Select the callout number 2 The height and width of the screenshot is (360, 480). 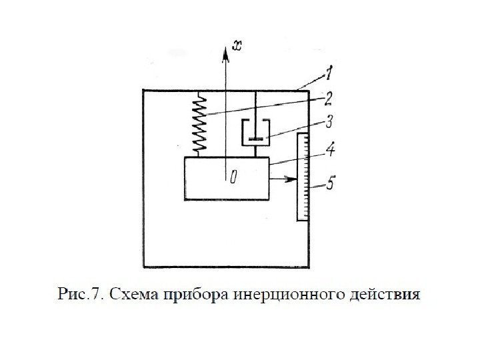click(x=327, y=98)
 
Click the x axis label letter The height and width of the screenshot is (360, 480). click(x=236, y=46)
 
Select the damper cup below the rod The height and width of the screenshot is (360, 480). click(x=255, y=133)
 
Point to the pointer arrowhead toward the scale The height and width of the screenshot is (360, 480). click(x=293, y=179)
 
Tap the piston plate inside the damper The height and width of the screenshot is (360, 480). click(x=255, y=138)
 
